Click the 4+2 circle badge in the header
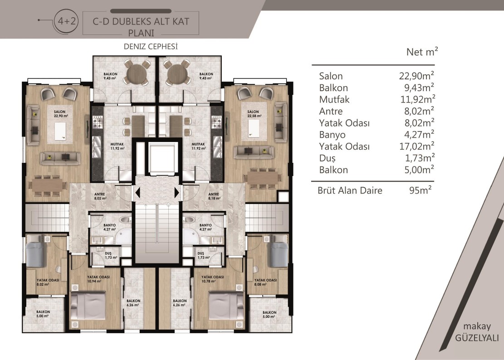[x=67, y=21]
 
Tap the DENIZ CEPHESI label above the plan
[x=151, y=47]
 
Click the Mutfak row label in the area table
[x=334, y=100]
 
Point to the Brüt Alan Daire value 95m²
[x=421, y=190]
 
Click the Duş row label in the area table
[x=327, y=158]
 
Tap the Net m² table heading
[x=422, y=52]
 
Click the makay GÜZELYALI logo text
[x=477, y=332]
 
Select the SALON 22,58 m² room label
[x=254, y=114]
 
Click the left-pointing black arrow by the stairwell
[x=137, y=193]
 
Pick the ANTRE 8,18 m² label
[x=214, y=196]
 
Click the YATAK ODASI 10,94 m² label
[x=98, y=279]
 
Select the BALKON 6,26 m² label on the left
[x=133, y=303]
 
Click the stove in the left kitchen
[x=98, y=122]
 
